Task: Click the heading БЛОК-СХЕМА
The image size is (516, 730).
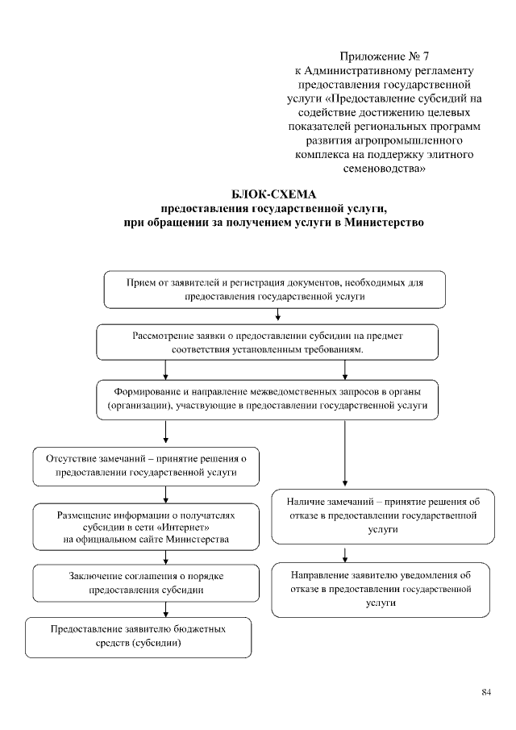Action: coord(274,194)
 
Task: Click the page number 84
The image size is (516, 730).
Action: coord(485,692)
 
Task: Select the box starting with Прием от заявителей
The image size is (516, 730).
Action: coord(275,290)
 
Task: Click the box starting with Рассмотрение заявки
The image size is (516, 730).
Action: coord(268,342)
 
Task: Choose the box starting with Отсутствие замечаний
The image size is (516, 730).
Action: coord(146,465)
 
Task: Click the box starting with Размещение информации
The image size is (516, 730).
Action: coord(146,524)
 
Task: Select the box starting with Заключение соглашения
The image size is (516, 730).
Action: coord(146,582)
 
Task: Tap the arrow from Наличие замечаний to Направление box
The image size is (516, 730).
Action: coord(345,554)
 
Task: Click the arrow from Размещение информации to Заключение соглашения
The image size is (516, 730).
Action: coord(165,556)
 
